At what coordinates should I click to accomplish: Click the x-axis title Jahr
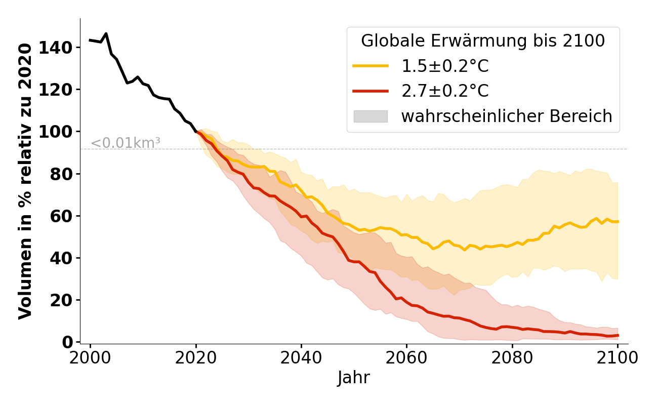coord(354,378)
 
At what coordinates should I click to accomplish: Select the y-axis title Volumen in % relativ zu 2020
coord(25,181)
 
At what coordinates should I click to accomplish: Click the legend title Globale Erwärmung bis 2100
coord(483,42)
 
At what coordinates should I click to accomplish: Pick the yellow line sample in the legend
coord(371,66)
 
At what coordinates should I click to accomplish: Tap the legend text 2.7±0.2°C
coord(445,91)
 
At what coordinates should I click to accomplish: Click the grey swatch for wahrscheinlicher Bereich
coord(371,116)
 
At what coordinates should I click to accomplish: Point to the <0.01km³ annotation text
coord(126,143)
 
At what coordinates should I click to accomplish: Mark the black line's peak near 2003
coord(106,34)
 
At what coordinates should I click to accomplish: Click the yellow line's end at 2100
coord(618,221)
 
